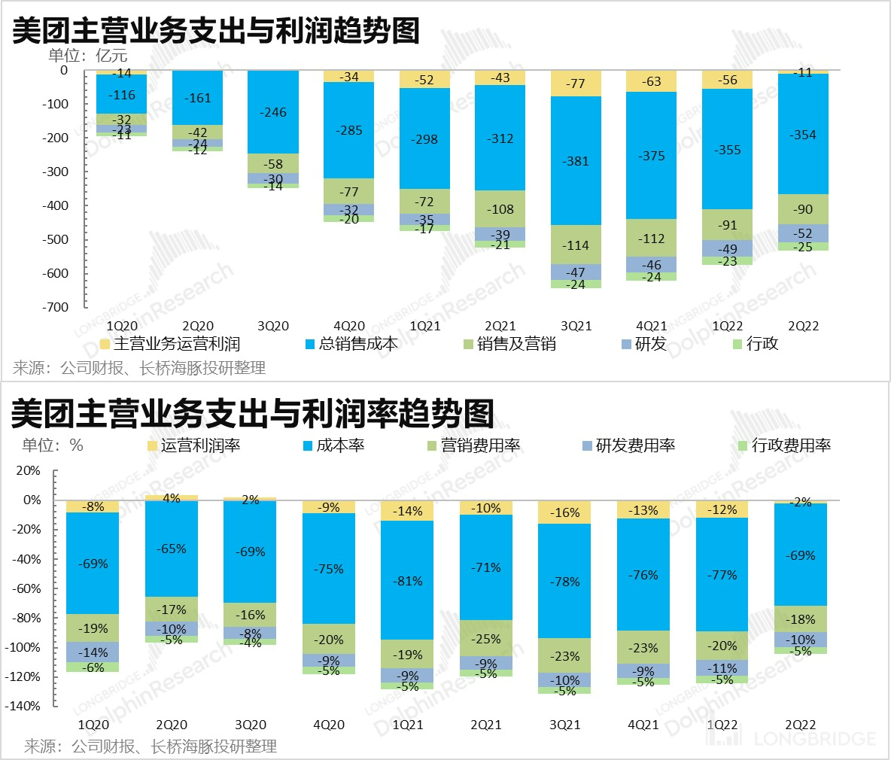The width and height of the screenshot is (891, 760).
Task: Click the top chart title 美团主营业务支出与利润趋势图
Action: click(215, 30)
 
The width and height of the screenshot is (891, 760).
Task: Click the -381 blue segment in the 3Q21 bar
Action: click(576, 161)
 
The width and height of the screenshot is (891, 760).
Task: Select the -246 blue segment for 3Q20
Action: click(273, 112)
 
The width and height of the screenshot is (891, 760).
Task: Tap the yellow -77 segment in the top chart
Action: click(576, 84)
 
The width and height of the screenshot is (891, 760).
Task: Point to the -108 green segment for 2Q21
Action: click(500, 209)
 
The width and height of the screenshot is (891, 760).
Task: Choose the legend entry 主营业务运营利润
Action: click(177, 344)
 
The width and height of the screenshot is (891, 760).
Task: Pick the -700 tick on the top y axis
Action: click(56, 307)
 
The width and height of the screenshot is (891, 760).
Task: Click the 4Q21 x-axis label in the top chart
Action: click(651, 326)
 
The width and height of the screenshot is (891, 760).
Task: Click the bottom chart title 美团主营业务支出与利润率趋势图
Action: click(253, 413)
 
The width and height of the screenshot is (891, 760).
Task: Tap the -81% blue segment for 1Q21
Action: click(407, 581)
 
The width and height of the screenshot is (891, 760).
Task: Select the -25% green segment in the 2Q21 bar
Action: click(485, 639)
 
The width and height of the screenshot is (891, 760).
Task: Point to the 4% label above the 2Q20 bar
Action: click(172, 498)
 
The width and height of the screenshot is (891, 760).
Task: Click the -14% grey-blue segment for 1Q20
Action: click(93, 652)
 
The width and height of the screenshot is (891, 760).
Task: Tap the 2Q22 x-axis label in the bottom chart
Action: click(800, 725)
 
